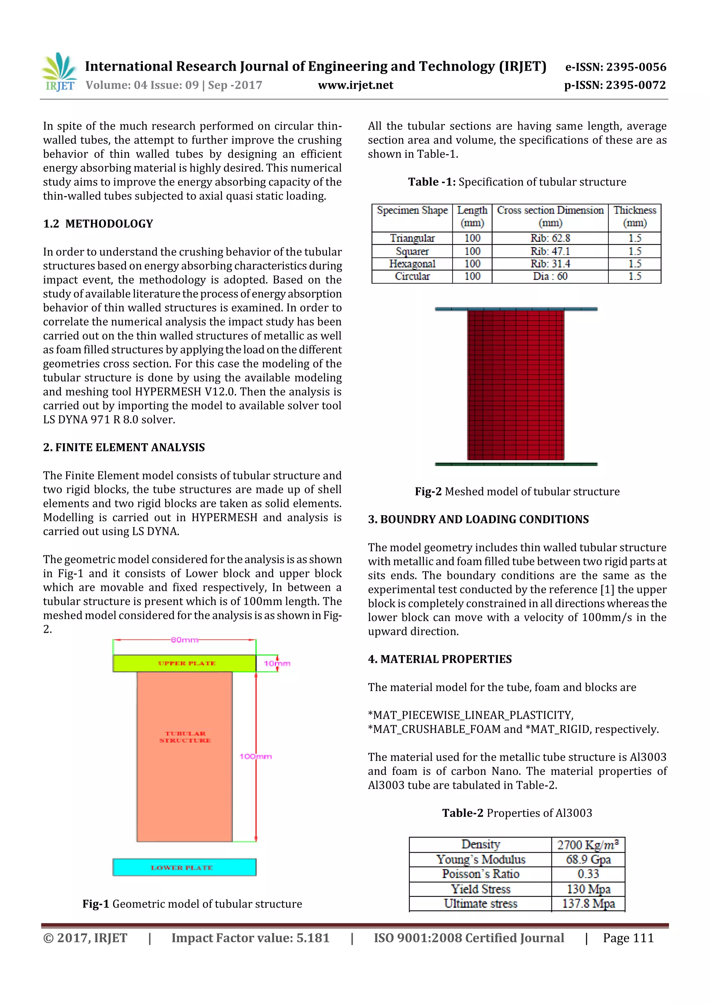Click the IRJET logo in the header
click(59, 72)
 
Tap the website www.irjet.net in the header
click(355, 85)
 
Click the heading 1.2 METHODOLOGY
click(98, 224)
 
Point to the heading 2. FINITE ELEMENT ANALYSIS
click(124, 447)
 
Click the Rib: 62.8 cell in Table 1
click(550, 238)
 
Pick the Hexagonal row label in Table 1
click(412, 264)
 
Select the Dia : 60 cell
click(550, 276)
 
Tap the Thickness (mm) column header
click(634, 217)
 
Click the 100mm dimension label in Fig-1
click(256, 757)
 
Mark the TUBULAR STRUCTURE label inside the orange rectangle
click(185, 737)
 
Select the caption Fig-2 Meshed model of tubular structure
click(517, 491)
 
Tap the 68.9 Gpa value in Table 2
click(588, 860)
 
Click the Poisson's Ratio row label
click(480, 874)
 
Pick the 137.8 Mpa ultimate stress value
click(588, 903)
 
